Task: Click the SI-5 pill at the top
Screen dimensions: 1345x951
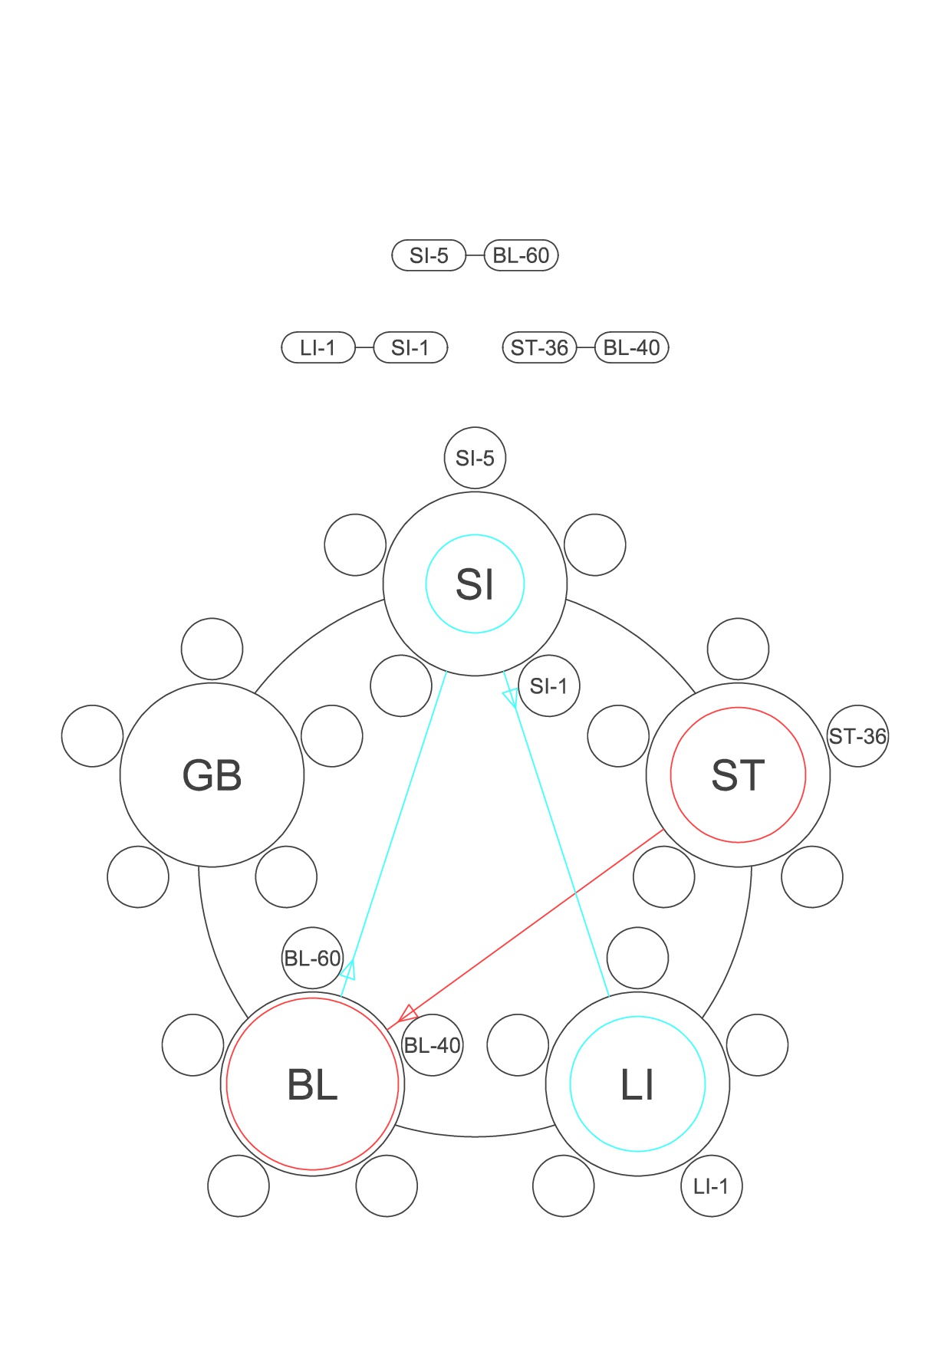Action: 429,255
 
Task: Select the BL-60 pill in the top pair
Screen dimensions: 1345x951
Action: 522,255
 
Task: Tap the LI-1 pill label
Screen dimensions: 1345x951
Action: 318,347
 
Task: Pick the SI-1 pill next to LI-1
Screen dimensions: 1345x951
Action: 410,347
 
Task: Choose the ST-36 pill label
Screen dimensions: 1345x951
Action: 539,347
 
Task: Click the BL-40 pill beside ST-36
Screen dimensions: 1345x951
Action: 632,347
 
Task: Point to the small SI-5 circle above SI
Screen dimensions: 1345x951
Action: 475,458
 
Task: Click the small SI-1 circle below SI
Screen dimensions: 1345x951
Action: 548,686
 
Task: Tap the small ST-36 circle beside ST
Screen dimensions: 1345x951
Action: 857,736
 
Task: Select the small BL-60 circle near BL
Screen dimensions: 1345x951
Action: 312,958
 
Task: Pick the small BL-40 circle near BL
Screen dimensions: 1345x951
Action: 432,1044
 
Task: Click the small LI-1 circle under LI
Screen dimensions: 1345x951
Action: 711,1186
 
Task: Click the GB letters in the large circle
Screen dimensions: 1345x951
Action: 212,775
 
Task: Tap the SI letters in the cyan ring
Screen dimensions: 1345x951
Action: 475,584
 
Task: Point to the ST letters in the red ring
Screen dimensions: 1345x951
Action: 738,775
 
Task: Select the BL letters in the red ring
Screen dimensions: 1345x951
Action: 312,1085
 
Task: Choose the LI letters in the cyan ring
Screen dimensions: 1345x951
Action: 637,1085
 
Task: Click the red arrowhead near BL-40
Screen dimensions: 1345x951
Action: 407,1013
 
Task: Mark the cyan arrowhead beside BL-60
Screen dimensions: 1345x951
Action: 349,969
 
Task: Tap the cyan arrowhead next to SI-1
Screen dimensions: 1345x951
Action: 510,698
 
